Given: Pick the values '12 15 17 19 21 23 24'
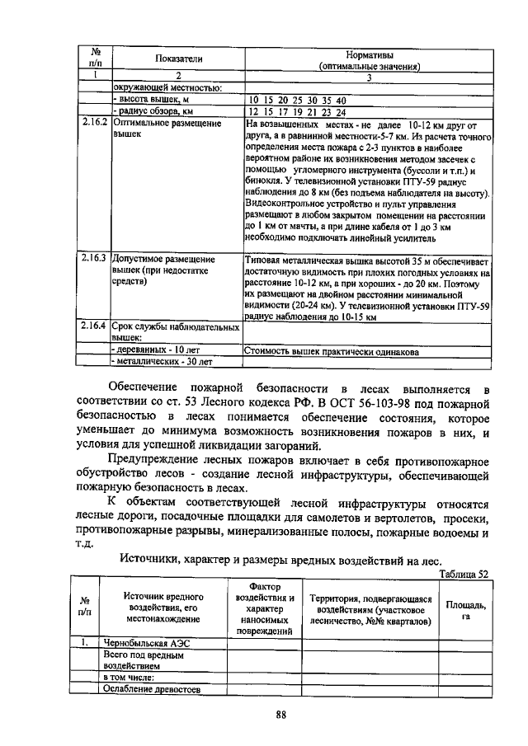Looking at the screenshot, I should pyautogui.click(x=298, y=112).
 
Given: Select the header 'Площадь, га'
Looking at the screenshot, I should pyautogui.click(x=465, y=609).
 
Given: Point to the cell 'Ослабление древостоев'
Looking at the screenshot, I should pyautogui.click(x=152, y=690).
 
